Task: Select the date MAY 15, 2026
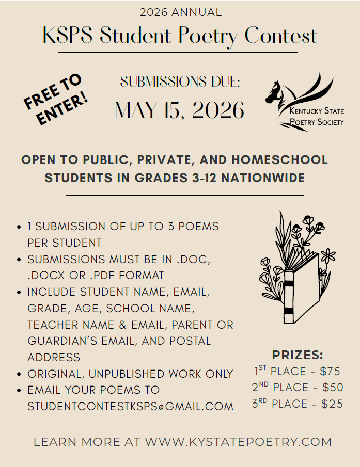(179, 110)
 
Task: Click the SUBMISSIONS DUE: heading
(180, 82)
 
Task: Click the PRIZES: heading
(298, 355)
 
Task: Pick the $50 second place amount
(332, 388)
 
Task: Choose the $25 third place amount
(332, 404)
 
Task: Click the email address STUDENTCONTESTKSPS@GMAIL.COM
(130, 407)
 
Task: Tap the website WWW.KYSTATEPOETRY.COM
(238, 442)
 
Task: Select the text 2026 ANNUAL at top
(180, 12)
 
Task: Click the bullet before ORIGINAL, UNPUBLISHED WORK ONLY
(19, 374)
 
